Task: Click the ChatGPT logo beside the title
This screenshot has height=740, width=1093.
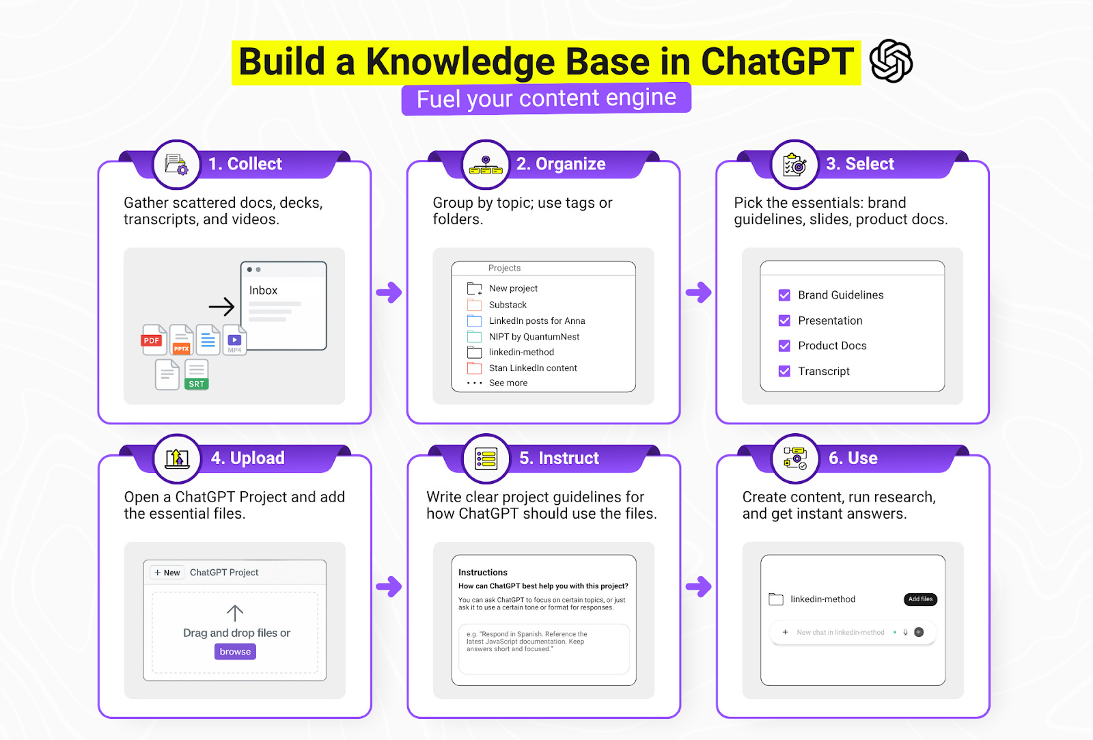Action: pyautogui.click(x=891, y=61)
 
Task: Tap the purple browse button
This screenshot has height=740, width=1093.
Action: pyautogui.click(x=235, y=652)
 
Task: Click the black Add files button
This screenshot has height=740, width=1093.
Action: pyautogui.click(x=920, y=599)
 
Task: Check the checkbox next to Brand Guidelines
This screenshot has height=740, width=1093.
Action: pyautogui.click(x=784, y=295)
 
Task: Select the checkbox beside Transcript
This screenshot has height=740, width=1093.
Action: pyautogui.click(x=784, y=371)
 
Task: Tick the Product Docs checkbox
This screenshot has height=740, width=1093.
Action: pyautogui.click(x=784, y=346)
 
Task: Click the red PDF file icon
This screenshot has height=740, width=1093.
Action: pyautogui.click(x=153, y=340)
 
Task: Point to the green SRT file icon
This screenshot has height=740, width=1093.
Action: pyautogui.click(x=196, y=375)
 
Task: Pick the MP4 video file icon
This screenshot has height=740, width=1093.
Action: pyautogui.click(x=234, y=340)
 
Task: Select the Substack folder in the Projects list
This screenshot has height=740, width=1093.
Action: pyautogui.click(x=508, y=305)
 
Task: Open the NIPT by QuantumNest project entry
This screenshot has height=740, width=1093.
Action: pyautogui.click(x=534, y=337)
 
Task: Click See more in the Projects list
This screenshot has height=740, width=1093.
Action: pyautogui.click(x=508, y=383)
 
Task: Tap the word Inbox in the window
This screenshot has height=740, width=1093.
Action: pyautogui.click(x=263, y=290)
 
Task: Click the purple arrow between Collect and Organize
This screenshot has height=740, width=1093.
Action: pyautogui.click(x=389, y=292)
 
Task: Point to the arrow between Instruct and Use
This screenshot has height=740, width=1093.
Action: pyautogui.click(x=698, y=586)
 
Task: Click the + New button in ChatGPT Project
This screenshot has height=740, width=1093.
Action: pyautogui.click(x=167, y=573)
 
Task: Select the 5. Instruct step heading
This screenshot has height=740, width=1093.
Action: pyautogui.click(x=559, y=458)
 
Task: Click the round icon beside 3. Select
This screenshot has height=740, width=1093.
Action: pyautogui.click(x=794, y=165)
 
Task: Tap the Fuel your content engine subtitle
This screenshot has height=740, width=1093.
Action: pyautogui.click(x=546, y=98)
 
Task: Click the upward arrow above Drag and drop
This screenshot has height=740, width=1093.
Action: pyautogui.click(x=234, y=613)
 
